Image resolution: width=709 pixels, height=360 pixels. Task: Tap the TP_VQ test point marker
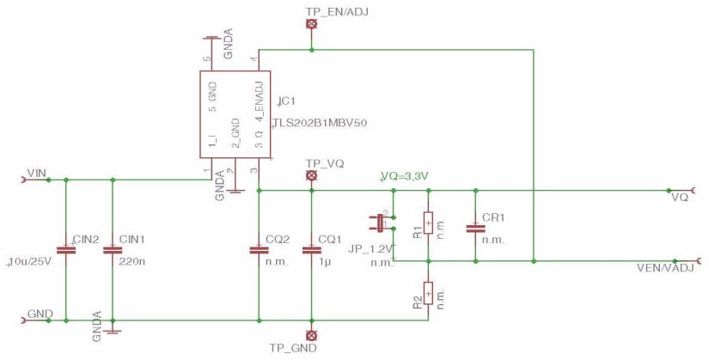pyautogui.click(x=312, y=176)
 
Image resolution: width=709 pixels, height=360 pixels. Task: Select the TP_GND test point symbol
pyautogui.click(x=312, y=334)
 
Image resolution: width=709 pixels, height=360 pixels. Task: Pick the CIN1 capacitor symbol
pyautogui.click(x=112, y=251)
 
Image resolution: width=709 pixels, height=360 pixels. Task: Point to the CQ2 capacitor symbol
pyautogui.click(x=259, y=251)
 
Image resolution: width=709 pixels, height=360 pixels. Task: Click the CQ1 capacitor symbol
pyautogui.click(x=312, y=251)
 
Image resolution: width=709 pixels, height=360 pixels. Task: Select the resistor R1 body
pyautogui.click(x=428, y=224)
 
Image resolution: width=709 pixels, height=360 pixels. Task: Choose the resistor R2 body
pyautogui.click(x=428, y=293)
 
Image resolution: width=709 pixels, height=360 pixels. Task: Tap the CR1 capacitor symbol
pyautogui.click(x=474, y=229)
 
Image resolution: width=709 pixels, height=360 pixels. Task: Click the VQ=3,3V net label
pyautogui.click(x=405, y=176)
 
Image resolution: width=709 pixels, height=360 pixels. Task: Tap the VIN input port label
pyautogui.click(x=36, y=173)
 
